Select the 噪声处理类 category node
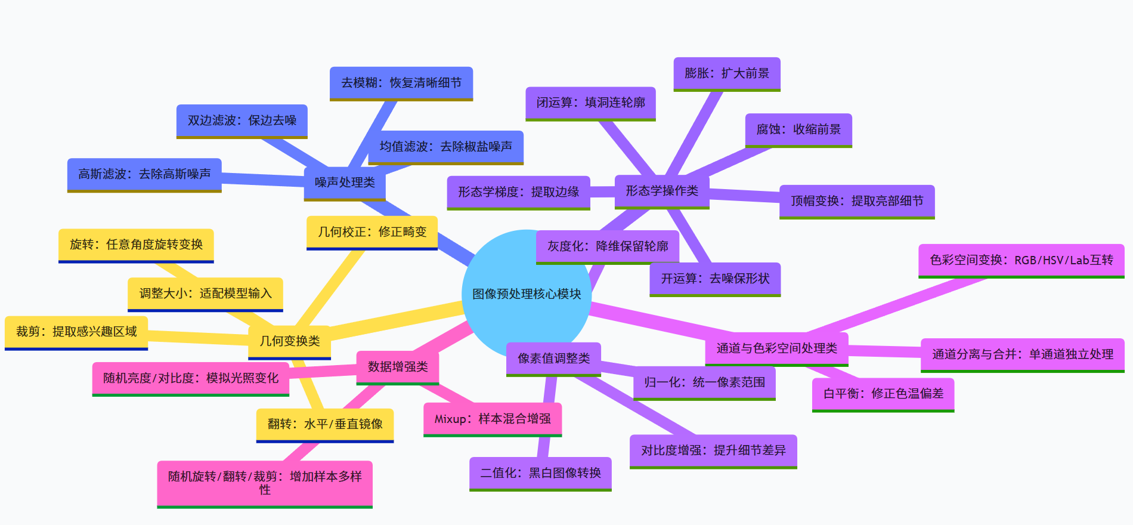[345, 183]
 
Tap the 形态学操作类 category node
[661, 191]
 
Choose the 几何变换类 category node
[289, 341]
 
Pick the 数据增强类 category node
[398, 366]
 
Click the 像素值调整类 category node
[553, 359]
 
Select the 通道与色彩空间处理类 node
[776, 348]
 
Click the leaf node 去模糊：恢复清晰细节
[401, 83]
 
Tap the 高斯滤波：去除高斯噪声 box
[144, 174]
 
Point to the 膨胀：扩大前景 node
[727, 73]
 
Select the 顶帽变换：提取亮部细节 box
[857, 201]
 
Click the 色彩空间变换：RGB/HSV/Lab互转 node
[1021, 260]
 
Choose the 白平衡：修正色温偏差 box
[883, 394]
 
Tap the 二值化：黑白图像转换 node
[540, 473]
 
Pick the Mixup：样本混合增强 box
[493, 419]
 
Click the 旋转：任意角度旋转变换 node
[136, 245]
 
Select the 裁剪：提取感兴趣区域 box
[76, 332]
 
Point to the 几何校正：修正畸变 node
[372, 232]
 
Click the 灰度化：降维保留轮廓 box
[608, 246]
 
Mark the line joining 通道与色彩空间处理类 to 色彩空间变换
[894, 304]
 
